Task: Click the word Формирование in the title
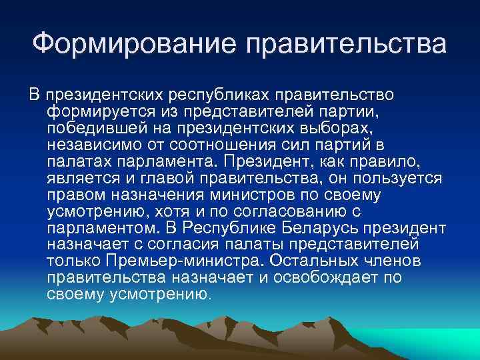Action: pyautogui.click(x=136, y=45)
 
